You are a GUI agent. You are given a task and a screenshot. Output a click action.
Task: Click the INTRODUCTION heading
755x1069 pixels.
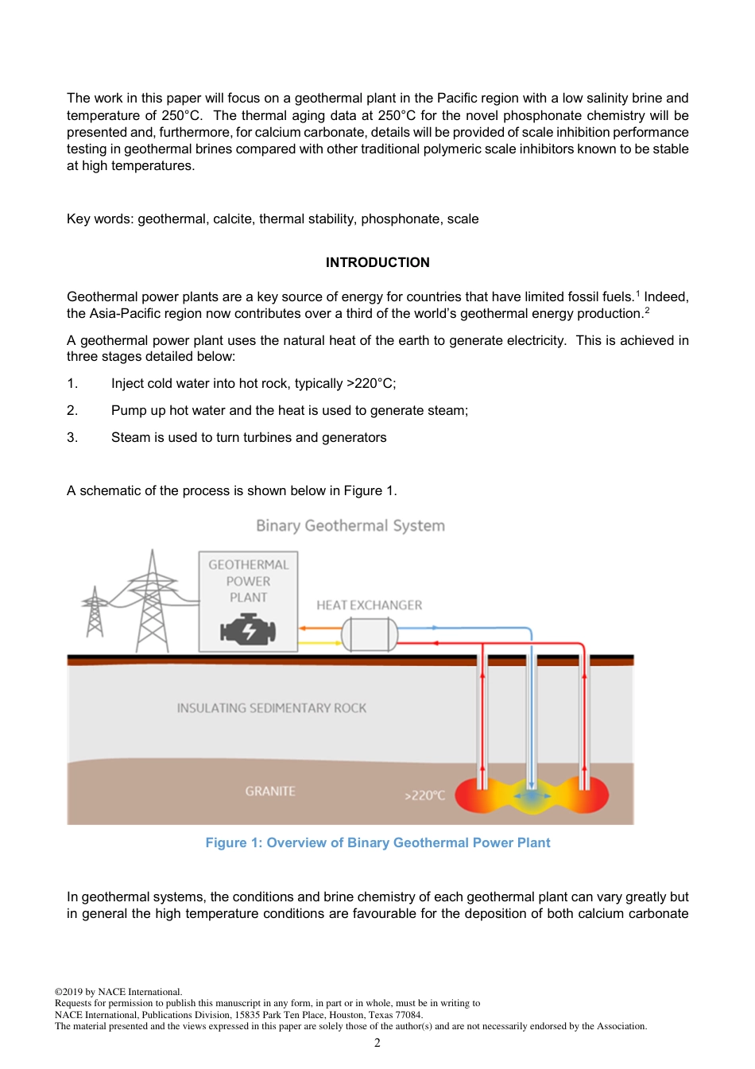point(377,262)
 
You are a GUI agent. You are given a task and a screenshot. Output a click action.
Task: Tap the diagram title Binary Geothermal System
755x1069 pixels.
point(350,525)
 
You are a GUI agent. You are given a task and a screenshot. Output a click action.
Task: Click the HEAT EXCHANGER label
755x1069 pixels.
point(369,605)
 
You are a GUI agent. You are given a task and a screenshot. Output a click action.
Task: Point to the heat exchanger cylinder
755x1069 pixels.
point(370,634)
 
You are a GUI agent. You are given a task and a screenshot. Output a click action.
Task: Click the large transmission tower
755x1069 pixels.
point(152,604)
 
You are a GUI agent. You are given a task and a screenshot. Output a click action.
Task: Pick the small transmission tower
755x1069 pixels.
point(95,613)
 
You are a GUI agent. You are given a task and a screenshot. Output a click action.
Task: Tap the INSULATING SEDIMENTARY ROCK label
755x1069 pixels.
point(272,707)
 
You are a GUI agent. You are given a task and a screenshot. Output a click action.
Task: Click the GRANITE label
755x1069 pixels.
point(270,791)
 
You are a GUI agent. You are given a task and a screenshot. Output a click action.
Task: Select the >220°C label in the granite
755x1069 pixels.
point(424,795)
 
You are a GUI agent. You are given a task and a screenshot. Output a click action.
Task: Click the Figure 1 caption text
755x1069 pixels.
point(377,842)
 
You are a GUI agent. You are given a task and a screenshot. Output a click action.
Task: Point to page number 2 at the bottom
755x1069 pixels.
point(377,1043)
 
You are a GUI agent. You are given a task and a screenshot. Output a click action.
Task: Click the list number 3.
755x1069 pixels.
point(72,437)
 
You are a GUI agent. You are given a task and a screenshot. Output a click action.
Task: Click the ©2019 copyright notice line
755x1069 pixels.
point(118,991)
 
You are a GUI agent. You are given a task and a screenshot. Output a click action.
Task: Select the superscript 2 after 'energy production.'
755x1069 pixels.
point(647,310)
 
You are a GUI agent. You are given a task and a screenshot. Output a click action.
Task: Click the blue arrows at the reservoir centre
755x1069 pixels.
point(531,795)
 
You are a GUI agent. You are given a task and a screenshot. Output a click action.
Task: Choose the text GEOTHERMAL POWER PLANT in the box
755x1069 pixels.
point(248,581)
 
